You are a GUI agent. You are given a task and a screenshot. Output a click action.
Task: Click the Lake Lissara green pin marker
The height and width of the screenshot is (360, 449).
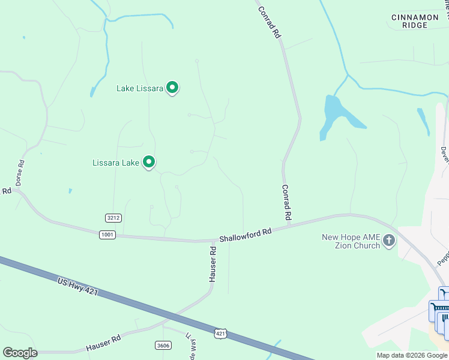[172, 88]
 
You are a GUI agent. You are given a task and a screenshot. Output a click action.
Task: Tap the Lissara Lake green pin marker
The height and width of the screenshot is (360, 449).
[149, 162]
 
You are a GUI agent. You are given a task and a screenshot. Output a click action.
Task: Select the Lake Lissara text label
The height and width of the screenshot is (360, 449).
[139, 89]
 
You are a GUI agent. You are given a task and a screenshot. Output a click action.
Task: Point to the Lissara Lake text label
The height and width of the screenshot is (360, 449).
[116, 163]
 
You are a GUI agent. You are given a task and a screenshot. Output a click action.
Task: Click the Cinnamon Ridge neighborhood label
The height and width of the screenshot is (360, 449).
[415, 21]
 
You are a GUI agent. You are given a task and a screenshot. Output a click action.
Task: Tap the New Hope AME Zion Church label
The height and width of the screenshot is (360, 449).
[351, 241]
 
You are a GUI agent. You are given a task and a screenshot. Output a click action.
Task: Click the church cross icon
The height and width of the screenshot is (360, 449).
[389, 241]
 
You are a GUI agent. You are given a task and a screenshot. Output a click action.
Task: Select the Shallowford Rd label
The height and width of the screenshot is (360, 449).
[246, 233]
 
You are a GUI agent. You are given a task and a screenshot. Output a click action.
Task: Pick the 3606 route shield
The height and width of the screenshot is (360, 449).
[163, 345]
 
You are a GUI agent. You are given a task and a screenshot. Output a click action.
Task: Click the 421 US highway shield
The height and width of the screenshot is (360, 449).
[220, 332]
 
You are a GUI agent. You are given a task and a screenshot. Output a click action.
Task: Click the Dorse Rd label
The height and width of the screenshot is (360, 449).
[22, 171]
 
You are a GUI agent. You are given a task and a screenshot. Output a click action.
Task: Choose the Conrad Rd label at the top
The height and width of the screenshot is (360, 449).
[270, 22]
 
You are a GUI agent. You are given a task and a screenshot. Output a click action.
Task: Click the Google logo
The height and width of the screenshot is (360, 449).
[20, 353]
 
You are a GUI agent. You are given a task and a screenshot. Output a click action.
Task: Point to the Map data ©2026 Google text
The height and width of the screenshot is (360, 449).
[411, 355]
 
